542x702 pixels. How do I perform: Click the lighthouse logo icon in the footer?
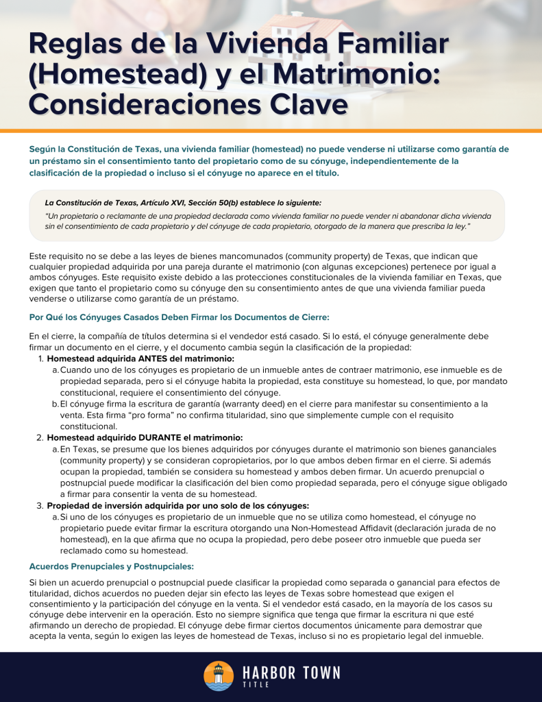pyautogui.click(x=219, y=676)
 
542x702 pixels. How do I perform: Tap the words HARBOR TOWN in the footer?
pyautogui.click(x=291, y=672)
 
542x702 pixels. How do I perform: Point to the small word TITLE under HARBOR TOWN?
pyautogui.click(x=256, y=685)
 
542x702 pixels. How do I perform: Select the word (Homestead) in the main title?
pyautogui.click(x=116, y=75)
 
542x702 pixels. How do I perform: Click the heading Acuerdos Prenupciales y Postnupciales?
pyautogui.click(x=112, y=566)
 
